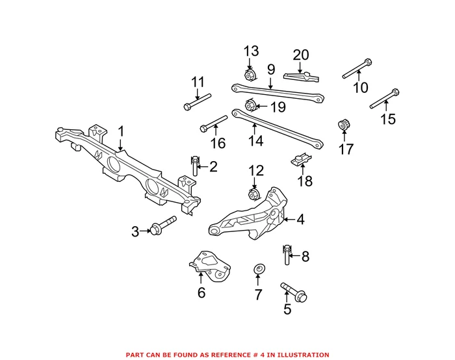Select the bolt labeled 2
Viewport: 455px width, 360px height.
pos(194,166)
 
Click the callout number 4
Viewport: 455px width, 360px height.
pos(300,220)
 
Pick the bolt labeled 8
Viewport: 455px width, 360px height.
pos(286,255)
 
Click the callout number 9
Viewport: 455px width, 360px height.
pos(271,69)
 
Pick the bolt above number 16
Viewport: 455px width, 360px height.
pos(213,123)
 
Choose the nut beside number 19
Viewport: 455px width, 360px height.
pos(249,105)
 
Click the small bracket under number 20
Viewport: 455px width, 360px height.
pos(302,76)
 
